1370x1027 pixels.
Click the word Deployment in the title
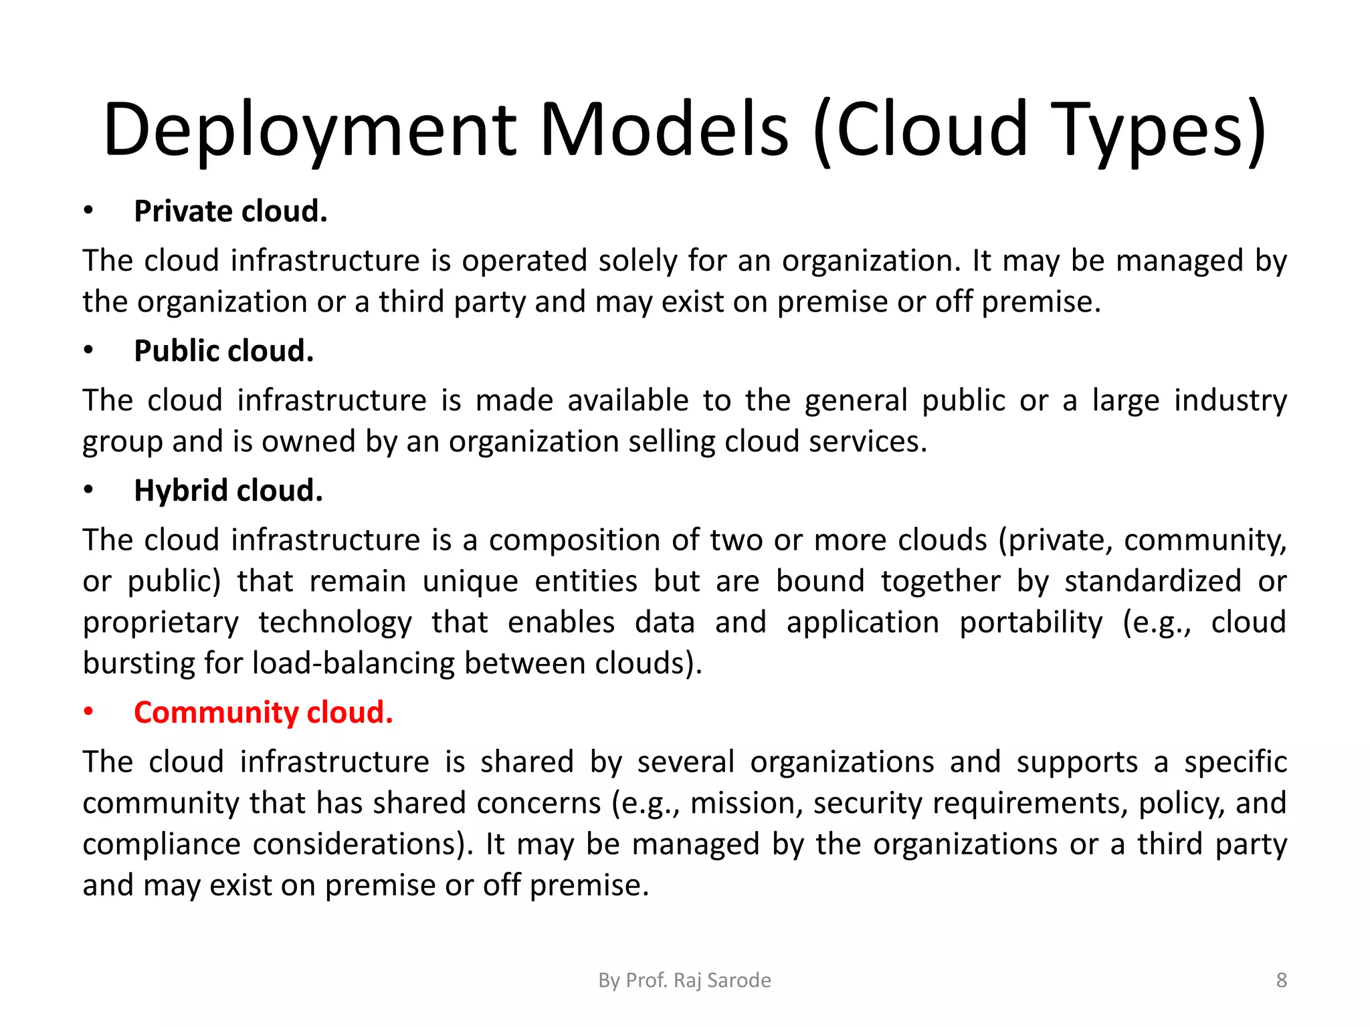pyautogui.click(x=310, y=130)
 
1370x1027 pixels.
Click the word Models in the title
pyautogui.click(x=664, y=130)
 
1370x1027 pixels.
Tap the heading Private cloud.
pyautogui.click(x=231, y=211)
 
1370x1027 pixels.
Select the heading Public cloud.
pyautogui.click(x=223, y=351)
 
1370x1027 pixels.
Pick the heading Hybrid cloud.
pyautogui.click(x=228, y=491)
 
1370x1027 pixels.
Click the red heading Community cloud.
pyautogui.click(x=263, y=713)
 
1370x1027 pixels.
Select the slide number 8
pyautogui.click(x=1281, y=980)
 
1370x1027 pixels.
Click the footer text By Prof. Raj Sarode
pyautogui.click(x=684, y=980)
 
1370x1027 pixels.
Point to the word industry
pyautogui.click(x=1230, y=401)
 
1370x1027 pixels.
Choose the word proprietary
pyautogui.click(x=161, y=623)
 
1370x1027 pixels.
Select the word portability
pyautogui.click(x=1031, y=623)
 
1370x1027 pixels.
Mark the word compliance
pyautogui.click(x=161, y=844)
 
